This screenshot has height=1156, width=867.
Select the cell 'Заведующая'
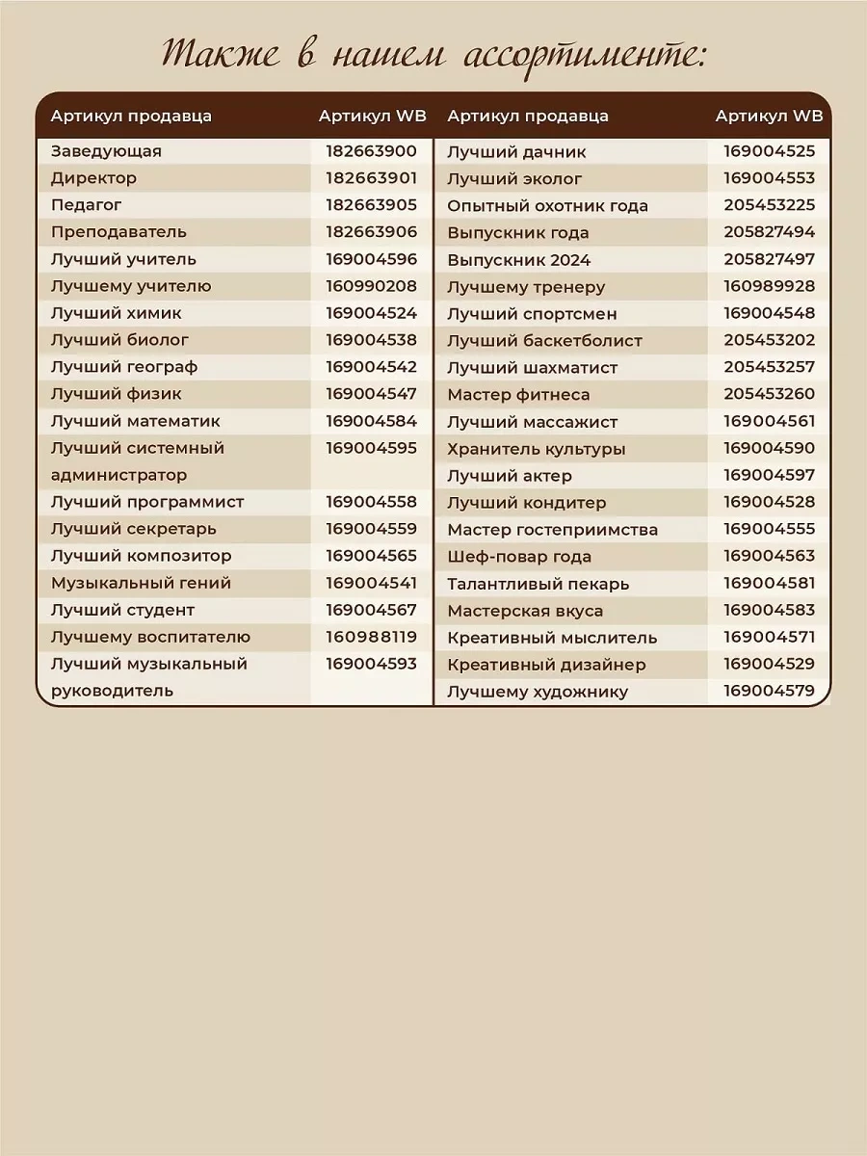(106, 151)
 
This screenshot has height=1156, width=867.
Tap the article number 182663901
(371, 178)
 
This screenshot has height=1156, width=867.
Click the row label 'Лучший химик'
(116, 313)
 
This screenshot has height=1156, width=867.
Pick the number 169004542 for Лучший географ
(371, 367)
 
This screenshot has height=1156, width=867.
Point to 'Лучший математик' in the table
(135, 421)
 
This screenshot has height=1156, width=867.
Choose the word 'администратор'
(118, 475)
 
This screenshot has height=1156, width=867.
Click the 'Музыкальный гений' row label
(141, 583)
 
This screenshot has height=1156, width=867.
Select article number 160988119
(371, 637)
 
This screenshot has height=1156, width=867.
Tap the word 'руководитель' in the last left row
(112, 691)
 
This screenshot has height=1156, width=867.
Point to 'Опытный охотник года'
(547, 206)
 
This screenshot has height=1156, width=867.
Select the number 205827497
(769, 259)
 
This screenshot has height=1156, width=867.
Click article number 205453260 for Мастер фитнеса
(769, 394)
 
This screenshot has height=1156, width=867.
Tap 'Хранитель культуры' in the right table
(536, 449)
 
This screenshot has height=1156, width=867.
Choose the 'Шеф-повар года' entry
(519, 557)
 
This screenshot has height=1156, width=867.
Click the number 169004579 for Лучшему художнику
(769, 691)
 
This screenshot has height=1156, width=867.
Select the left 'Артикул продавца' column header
(131, 117)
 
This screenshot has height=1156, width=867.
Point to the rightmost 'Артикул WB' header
(769, 117)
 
